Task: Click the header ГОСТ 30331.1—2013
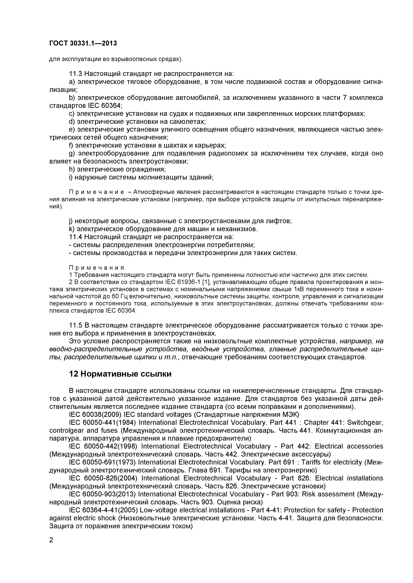click(83, 43)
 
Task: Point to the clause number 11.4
click(76, 237)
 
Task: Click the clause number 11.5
click(76, 325)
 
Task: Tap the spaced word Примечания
click(97, 268)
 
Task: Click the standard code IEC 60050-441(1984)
click(103, 422)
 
